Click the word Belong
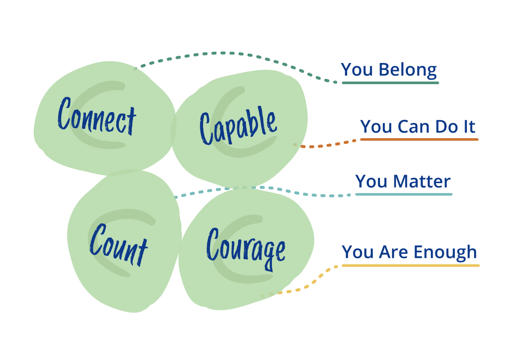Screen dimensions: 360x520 tap(407, 70)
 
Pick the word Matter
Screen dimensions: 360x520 tap(421, 181)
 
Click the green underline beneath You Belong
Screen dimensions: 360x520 tap(390, 83)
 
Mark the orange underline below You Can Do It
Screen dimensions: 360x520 tap(419, 139)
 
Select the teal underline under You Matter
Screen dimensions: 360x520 tap(403, 194)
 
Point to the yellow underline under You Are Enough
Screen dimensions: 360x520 tap(410, 265)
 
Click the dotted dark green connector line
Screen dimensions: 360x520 tap(225, 53)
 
